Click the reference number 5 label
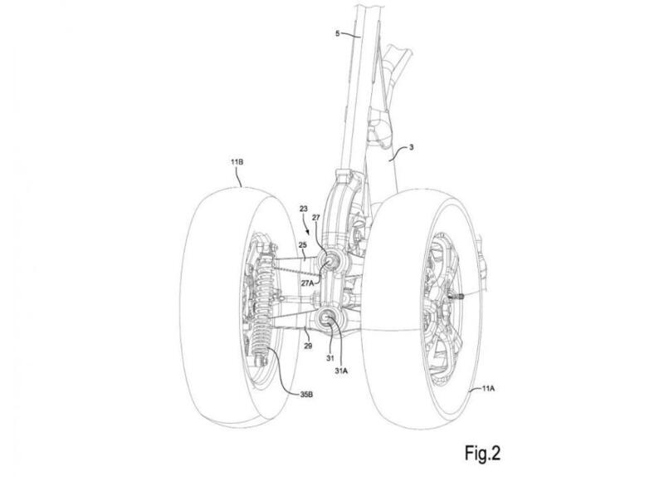(338, 33)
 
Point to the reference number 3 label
(412, 148)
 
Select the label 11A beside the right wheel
(488, 387)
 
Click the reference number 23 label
(303, 209)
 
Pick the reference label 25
(302, 244)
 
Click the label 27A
(307, 283)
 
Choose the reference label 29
(308, 346)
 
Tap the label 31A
(341, 370)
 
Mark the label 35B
(306, 395)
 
